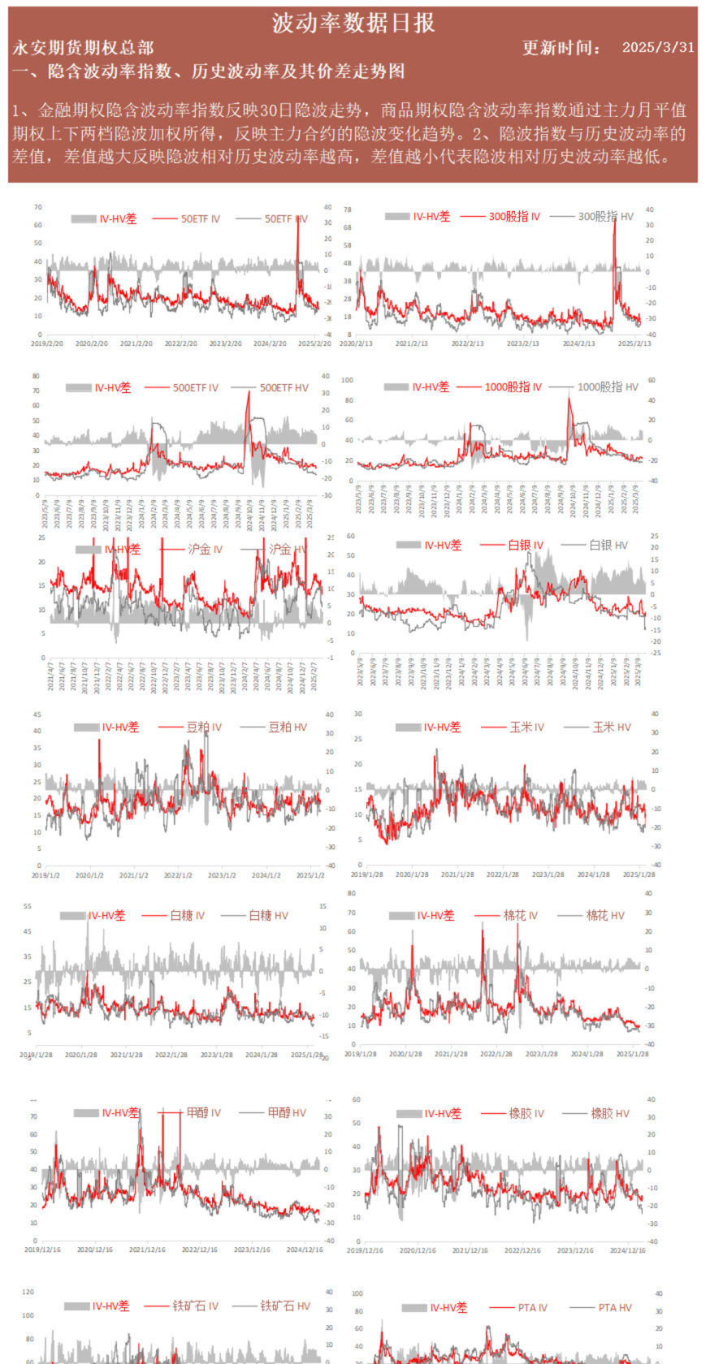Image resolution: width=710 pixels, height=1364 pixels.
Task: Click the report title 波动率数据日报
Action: click(353, 23)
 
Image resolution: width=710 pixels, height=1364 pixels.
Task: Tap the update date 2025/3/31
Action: click(658, 47)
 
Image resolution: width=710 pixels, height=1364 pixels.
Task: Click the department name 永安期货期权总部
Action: click(82, 48)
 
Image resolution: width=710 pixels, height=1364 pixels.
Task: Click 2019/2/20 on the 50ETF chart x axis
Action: click(47, 343)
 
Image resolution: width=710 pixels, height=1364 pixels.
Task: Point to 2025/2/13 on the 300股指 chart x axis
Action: click(634, 343)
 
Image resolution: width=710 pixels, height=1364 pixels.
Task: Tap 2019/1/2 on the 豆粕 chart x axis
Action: click(45, 875)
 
